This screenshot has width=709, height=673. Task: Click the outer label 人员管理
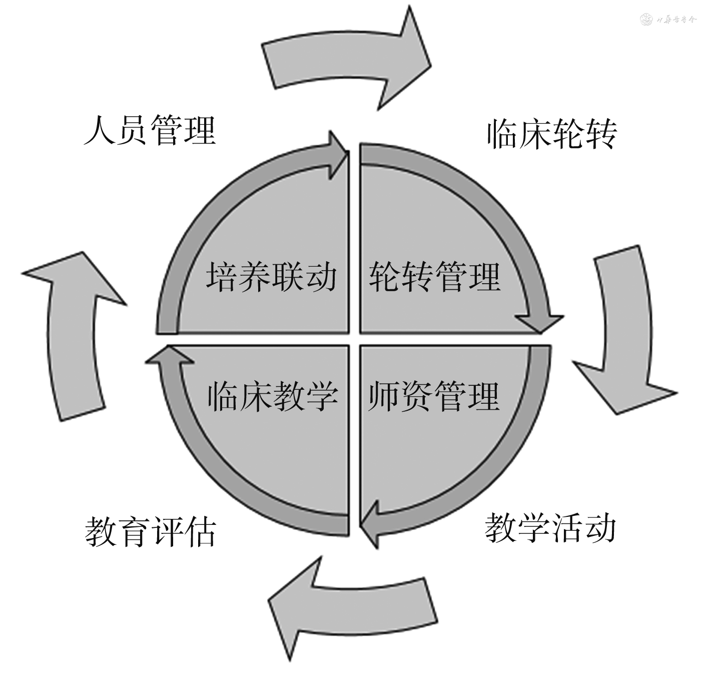pos(150,131)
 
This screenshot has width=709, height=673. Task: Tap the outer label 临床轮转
pos(552,134)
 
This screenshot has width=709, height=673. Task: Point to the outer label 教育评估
pos(150,531)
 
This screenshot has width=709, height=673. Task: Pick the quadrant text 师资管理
pos(434,396)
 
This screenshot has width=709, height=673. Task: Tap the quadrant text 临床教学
pos(273,396)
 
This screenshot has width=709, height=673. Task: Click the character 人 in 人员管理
pos(99,131)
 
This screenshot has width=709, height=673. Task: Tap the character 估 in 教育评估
pos(201,531)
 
